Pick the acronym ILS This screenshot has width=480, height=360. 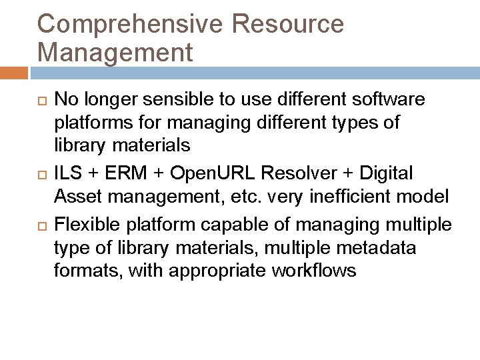(x=68, y=173)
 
